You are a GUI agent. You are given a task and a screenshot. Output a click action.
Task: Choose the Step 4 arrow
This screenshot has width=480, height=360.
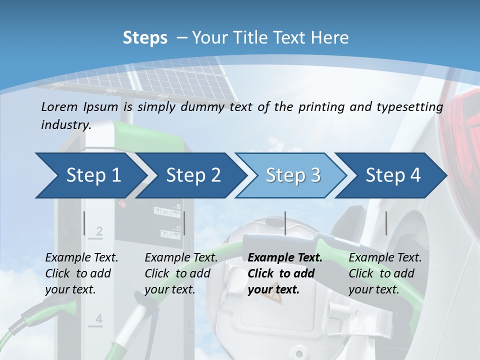[x=393, y=175]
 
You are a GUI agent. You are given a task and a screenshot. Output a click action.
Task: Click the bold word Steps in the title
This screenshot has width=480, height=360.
[x=145, y=38]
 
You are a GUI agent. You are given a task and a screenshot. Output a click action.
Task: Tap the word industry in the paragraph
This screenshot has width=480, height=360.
[x=65, y=125]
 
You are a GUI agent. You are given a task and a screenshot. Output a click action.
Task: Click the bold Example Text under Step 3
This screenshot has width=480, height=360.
[x=285, y=258]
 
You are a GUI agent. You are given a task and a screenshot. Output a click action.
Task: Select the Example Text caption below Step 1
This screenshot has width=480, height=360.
[x=81, y=258]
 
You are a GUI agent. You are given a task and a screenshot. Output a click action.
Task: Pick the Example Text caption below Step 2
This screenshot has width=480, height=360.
[x=181, y=258]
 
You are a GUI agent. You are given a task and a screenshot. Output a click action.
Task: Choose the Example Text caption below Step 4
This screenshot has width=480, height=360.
[x=385, y=258]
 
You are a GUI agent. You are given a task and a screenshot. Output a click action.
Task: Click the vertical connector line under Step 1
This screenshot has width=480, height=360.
[x=84, y=223]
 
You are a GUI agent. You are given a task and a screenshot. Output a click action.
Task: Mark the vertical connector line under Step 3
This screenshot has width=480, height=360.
[x=285, y=223]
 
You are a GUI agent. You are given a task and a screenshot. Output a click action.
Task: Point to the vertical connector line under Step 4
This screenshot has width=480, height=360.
[x=386, y=223]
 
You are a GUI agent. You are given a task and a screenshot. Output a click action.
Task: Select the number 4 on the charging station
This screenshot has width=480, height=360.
[x=98, y=319]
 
